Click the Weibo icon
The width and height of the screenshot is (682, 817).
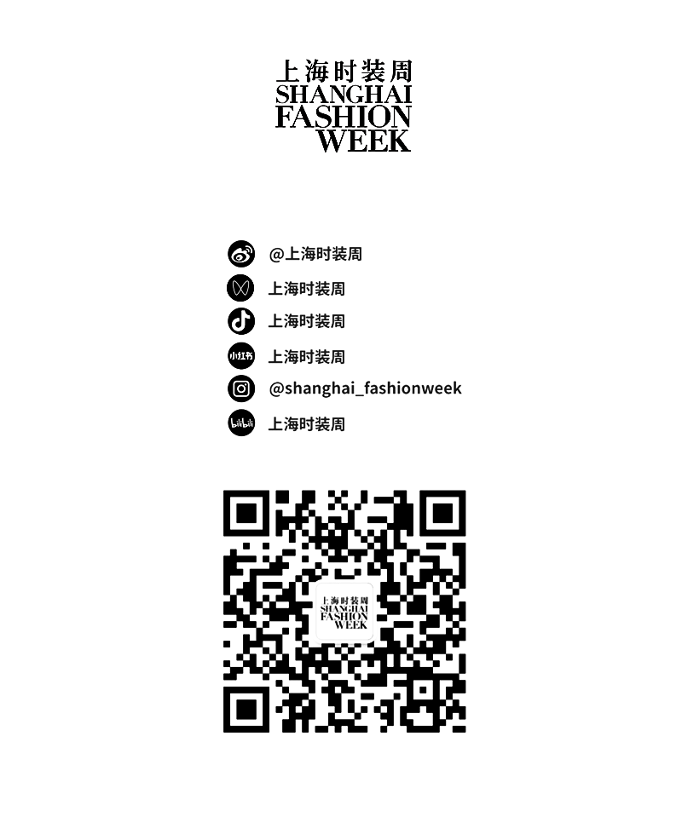click(x=241, y=254)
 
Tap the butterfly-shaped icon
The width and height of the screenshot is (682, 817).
click(x=240, y=288)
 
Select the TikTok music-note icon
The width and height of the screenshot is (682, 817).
click(x=241, y=321)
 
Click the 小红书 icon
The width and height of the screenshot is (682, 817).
click(x=241, y=356)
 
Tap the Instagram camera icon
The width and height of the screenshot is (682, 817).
click(x=241, y=388)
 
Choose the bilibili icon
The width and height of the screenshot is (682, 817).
click(x=241, y=423)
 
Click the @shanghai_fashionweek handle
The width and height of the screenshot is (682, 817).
click(x=365, y=388)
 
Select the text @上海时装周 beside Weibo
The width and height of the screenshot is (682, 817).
click(x=315, y=254)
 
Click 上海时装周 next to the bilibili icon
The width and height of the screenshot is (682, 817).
click(x=307, y=424)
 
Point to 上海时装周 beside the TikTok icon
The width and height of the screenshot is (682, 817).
click(x=307, y=321)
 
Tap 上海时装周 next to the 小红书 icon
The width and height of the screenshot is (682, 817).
click(x=307, y=357)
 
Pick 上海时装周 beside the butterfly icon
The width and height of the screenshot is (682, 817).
click(x=307, y=289)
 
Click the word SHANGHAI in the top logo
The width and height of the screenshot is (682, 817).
click(x=344, y=95)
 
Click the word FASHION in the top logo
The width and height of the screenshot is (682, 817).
click(x=343, y=118)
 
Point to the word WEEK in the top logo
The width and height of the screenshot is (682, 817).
click(x=364, y=141)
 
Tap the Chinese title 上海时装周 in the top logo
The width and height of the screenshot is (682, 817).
click(x=344, y=71)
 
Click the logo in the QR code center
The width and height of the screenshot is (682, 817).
click(x=344, y=612)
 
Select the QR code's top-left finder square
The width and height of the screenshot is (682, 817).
click(x=246, y=513)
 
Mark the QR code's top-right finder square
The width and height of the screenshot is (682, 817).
click(x=442, y=513)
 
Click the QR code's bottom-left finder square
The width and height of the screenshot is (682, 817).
click(x=246, y=709)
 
